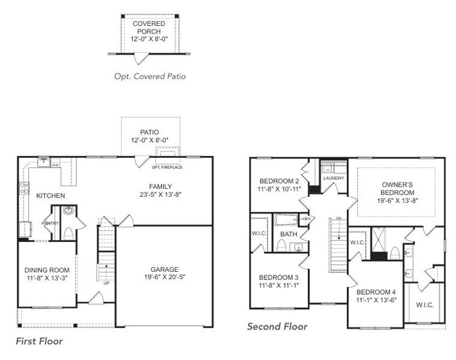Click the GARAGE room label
165,269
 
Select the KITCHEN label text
51,196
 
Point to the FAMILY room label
161,186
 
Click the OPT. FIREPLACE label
167,167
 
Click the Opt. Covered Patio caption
149,76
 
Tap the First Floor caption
39,341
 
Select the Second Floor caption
277,326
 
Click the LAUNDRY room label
333,178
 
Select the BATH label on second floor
289,234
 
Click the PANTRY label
50,223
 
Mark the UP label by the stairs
106,283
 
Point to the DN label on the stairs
338,218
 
